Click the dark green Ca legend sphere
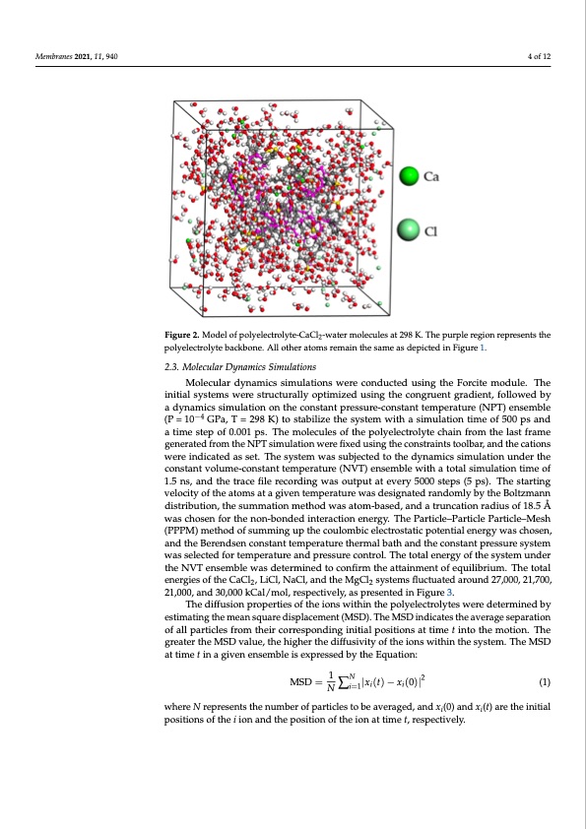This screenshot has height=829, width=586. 410,178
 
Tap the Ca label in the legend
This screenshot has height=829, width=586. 431,178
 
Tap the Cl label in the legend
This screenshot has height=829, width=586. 430,232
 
